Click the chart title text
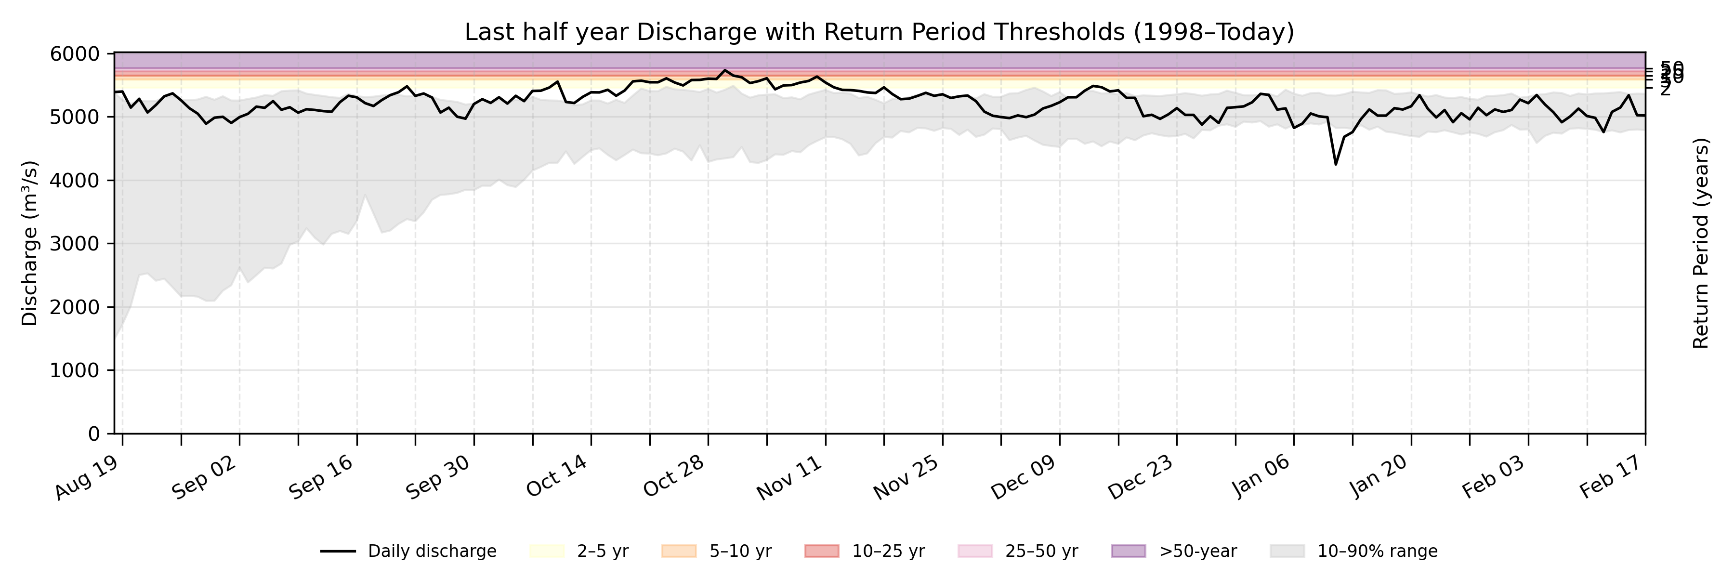pyautogui.click(x=879, y=32)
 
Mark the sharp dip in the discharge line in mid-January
pyautogui.click(x=1336, y=164)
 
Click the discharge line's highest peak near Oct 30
pyautogui.click(x=724, y=70)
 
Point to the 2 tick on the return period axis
pyautogui.click(x=1665, y=90)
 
